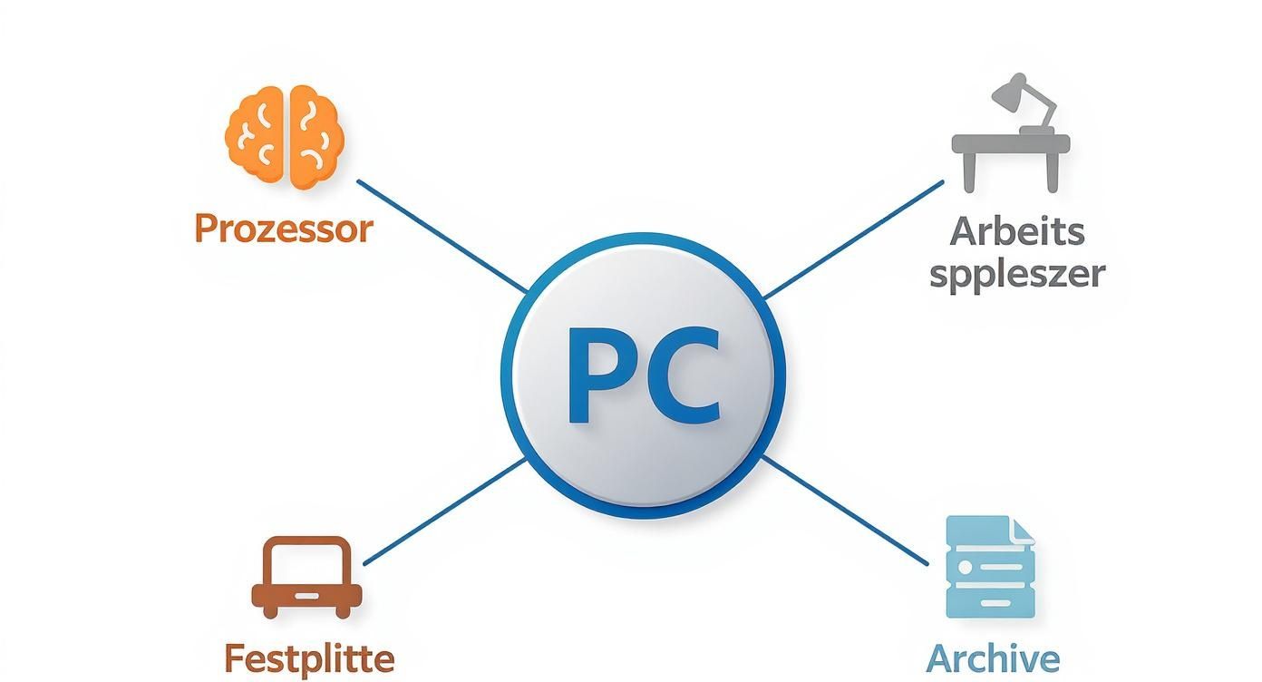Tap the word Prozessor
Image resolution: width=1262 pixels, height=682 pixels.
tap(284, 229)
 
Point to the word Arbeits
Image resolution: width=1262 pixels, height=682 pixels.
tap(1017, 231)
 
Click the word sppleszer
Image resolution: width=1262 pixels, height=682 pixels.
tap(1017, 273)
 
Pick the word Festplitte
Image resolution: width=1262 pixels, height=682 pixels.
tap(308, 658)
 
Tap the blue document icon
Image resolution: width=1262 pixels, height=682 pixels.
tap(989, 567)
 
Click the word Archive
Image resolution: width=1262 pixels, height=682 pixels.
tap(993, 658)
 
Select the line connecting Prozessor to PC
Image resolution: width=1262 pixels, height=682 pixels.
tap(442, 236)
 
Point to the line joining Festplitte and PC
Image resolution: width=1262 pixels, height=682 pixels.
tap(444, 511)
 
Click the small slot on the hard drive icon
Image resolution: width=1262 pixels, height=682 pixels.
tap(306, 596)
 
